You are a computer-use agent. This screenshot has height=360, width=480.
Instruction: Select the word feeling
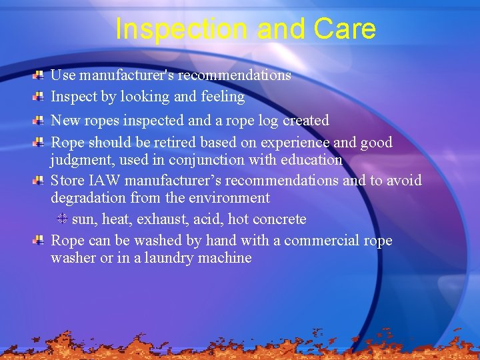(x=221, y=97)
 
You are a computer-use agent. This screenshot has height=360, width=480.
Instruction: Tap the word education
(x=309, y=160)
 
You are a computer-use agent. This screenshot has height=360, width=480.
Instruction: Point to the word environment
(x=229, y=198)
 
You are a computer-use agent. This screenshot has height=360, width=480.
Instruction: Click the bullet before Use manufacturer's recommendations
(x=39, y=75)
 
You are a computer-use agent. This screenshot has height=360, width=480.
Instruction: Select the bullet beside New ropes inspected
(x=39, y=121)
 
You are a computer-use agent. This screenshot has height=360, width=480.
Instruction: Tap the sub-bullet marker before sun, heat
(x=61, y=219)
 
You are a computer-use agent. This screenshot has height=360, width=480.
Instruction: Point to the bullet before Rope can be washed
(x=39, y=240)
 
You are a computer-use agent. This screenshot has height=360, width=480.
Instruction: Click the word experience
(x=294, y=143)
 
